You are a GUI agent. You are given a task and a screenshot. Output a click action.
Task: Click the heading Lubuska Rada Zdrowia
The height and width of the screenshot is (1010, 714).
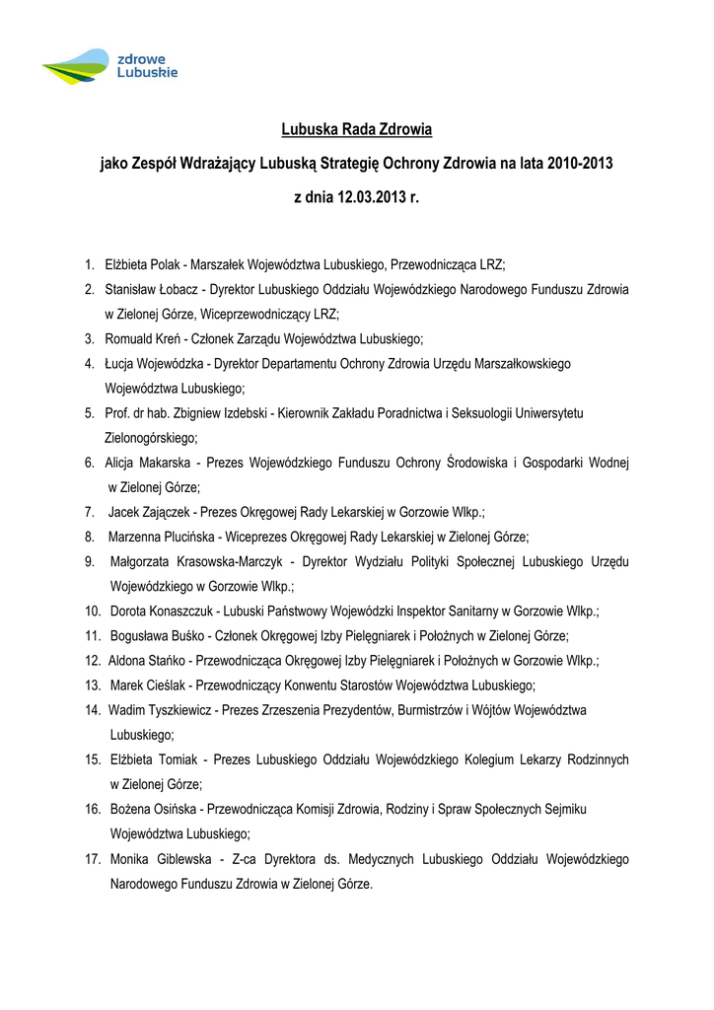point(356,129)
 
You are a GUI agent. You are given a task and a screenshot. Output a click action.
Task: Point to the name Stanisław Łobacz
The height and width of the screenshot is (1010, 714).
point(153,290)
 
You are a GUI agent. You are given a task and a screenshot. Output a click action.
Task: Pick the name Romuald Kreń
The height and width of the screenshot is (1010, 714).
point(144,339)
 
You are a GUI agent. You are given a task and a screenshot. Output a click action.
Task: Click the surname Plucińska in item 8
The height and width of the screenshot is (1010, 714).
point(187,537)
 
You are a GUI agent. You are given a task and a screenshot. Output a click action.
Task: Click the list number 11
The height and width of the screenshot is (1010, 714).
point(94,635)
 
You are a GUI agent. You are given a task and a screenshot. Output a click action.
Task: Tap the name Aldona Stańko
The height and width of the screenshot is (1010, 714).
point(148,660)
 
